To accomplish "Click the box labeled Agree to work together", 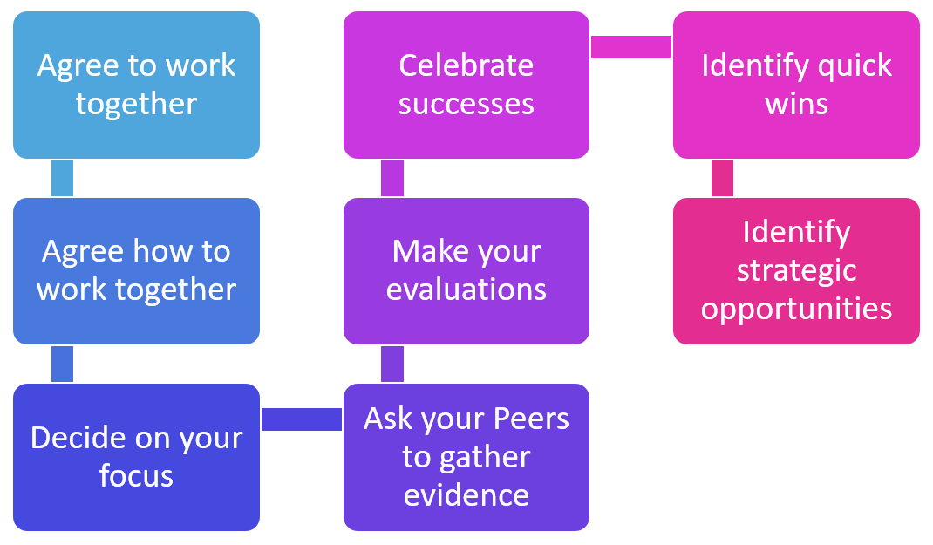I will point(136,85).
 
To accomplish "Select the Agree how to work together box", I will point(136,270).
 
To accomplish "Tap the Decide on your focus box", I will point(136,457).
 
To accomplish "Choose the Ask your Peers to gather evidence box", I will point(466,457).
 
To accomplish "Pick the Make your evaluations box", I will point(466,270).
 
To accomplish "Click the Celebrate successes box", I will point(466,85).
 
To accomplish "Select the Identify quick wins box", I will point(796,85).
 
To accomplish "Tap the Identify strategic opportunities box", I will point(796,270).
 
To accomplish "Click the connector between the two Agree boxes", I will point(62,178).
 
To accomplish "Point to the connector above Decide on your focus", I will point(62,364).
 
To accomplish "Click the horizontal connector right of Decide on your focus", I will point(302,419).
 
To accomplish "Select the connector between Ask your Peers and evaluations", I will point(392,364).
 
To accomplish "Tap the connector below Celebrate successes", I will point(392,178).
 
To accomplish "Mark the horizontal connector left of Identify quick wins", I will point(631,47).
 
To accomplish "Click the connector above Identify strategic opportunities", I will point(722,178).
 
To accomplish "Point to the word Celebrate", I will point(466,65).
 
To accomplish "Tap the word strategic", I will point(796,270).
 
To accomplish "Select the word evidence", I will point(466,495).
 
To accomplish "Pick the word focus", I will point(136,476).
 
